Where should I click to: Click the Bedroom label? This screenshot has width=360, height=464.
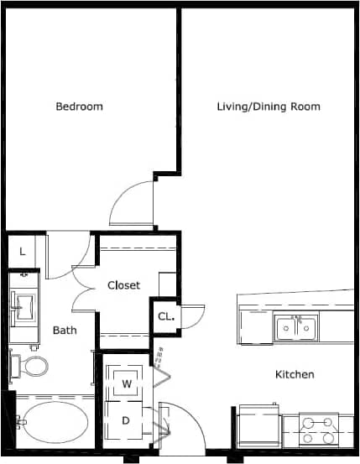click(x=79, y=107)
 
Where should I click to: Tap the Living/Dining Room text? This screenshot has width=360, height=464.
click(x=268, y=107)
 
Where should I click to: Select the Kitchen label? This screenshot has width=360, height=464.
click(x=295, y=374)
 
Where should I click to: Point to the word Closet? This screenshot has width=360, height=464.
click(x=123, y=285)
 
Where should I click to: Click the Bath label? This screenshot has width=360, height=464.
click(x=65, y=330)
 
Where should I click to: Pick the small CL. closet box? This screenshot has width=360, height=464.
click(x=164, y=317)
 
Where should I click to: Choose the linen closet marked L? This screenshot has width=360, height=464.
click(x=22, y=251)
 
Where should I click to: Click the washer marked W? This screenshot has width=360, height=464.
click(x=128, y=383)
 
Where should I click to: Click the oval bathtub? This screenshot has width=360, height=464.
click(x=52, y=425)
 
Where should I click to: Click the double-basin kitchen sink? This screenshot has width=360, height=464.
click(x=297, y=326)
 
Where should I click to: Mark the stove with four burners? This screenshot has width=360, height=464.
click(x=318, y=430)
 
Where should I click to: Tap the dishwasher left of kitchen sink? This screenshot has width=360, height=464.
click(x=256, y=327)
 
